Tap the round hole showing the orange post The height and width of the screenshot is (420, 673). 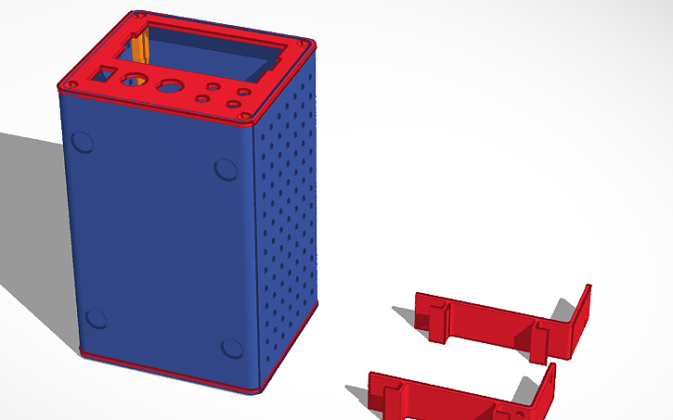pos(136,80)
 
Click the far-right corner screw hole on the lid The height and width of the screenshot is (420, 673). pos(302,43)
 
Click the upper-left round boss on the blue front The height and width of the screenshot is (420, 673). pos(82,142)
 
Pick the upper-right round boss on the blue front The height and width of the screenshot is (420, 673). pos(226,169)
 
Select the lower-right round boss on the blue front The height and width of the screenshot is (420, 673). pos(231,349)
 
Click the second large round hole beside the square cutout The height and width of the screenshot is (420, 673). pos(170,87)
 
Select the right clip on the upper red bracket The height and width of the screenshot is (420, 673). pos(538,338)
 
